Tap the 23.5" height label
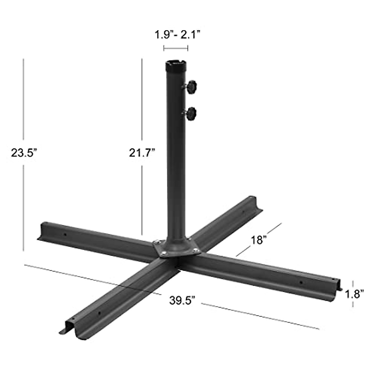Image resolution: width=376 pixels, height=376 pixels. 24,153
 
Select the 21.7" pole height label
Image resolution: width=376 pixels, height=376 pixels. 142,153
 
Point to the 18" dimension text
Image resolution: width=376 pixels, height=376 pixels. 258,240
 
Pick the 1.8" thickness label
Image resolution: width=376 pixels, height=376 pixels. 354,294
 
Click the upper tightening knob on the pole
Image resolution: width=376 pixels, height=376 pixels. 192,86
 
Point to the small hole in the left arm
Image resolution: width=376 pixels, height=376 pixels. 65,234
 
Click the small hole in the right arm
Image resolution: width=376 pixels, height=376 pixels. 301,282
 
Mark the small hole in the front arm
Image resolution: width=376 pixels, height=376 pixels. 99,313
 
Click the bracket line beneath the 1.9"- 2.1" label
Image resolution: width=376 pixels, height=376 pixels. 175,48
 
